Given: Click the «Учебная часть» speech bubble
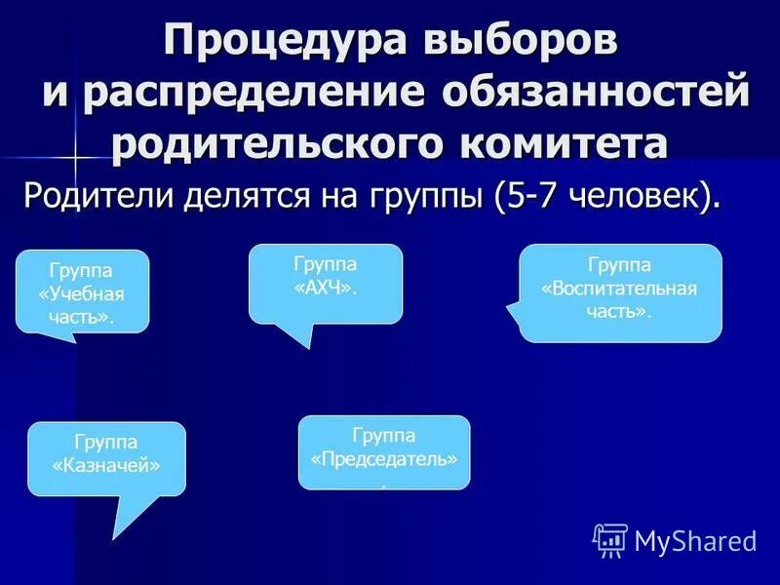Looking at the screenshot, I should [x=82, y=291].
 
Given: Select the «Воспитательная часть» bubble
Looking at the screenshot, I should [x=620, y=291].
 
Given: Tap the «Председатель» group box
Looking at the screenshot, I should [x=384, y=450].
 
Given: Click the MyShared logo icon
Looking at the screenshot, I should [x=609, y=539].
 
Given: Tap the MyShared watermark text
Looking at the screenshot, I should [x=695, y=540].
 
